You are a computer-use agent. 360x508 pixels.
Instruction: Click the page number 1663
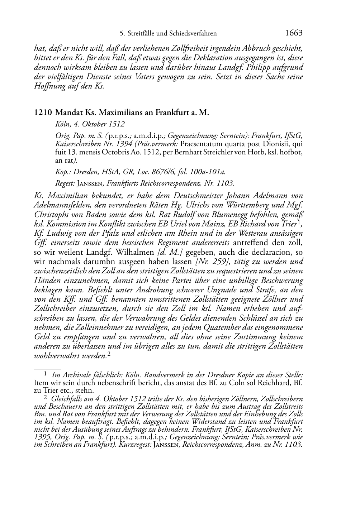(x=294, y=33)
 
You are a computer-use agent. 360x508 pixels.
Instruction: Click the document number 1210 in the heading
(x=43, y=112)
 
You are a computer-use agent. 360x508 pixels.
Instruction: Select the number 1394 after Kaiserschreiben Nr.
(x=114, y=144)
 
